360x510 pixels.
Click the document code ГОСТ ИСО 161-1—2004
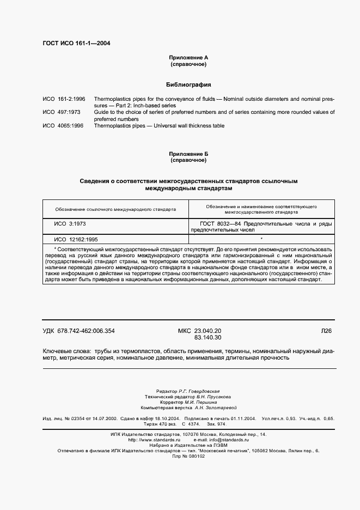click(x=76, y=44)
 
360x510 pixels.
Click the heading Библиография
click(x=188, y=85)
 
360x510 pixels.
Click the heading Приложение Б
click(x=188, y=154)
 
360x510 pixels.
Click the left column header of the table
click(x=115, y=208)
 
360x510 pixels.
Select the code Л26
click(x=326, y=331)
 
